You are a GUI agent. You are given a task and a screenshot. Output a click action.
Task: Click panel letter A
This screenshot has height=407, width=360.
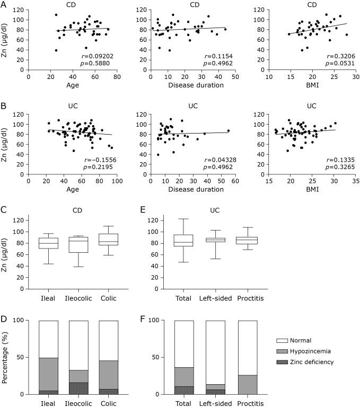click(x=4, y=5)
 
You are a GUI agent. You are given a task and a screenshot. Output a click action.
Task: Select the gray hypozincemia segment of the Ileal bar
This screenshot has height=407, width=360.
click(x=49, y=374)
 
